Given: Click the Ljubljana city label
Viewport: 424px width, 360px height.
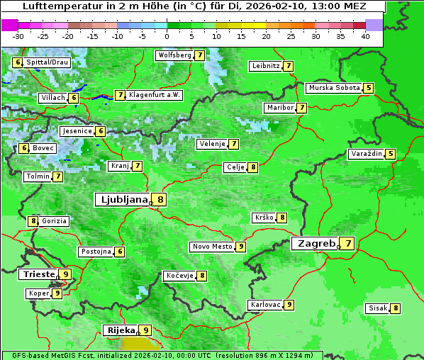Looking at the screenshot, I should pyautogui.click(x=122, y=200).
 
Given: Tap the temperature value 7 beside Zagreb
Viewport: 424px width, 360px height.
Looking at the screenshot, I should pyautogui.click(x=348, y=244).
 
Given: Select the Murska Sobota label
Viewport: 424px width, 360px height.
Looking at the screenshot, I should pyautogui.click(x=333, y=88).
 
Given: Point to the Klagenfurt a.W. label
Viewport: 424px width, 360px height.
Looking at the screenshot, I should pyautogui.click(x=155, y=95).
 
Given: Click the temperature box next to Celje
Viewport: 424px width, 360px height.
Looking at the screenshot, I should pyautogui.click(x=252, y=167).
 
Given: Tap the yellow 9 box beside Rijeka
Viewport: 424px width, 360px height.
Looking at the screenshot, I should pyautogui.click(x=145, y=330).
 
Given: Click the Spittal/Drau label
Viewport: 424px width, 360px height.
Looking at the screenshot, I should pyautogui.click(x=48, y=62).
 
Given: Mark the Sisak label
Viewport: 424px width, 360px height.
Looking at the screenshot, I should pyautogui.click(x=376, y=308).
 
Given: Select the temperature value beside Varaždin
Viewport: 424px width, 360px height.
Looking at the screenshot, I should pyautogui.click(x=391, y=154).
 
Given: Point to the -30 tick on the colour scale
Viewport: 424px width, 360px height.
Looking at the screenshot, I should pyautogui.click(x=18, y=36).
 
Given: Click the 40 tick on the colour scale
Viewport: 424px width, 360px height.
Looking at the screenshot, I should pyautogui.click(x=365, y=36).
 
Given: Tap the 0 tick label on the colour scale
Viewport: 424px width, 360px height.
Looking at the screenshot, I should pyautogui.click(x=167, y=36).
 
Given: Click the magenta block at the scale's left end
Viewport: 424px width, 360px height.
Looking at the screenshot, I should pyautogui.click(x=9, y=25).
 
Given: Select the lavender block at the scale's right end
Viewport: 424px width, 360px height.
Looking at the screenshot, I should pyautogui.click(x=374, y=25).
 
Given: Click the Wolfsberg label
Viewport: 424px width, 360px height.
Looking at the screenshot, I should pyautogui.click(x=174, y=55).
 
